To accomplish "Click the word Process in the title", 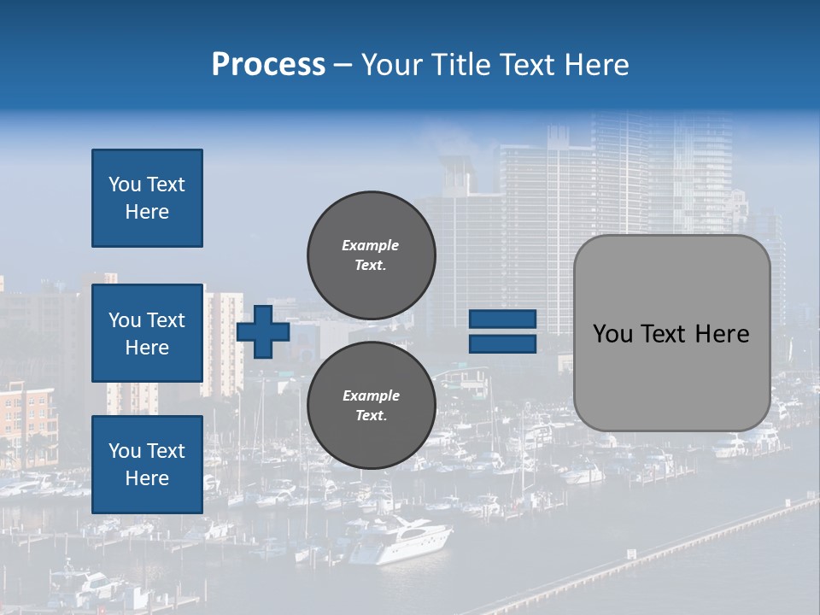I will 268,65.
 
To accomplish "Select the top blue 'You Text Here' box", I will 147,198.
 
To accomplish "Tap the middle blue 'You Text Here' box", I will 147,333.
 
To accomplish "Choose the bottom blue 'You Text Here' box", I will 147,465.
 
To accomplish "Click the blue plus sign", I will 263,331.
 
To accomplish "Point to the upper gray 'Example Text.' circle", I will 371,255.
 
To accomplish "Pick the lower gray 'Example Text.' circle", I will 371,406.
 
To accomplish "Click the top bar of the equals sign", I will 502,319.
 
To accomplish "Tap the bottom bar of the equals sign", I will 502,343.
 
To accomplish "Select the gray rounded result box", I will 671,333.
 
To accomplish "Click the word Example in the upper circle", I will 371,245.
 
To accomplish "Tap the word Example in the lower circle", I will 371,395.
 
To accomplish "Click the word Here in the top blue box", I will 147,212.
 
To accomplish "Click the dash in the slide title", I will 343,65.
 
